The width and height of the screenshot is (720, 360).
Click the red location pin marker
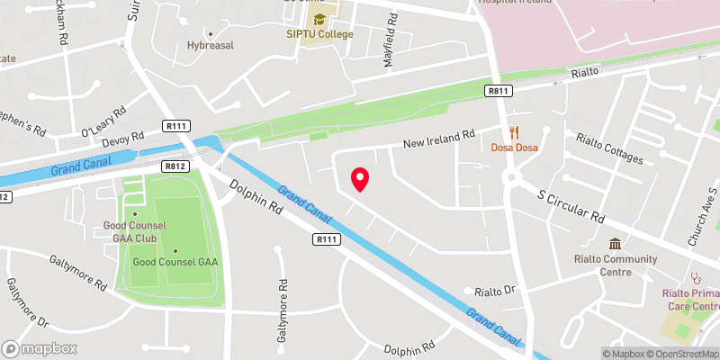click(x=360, y=179)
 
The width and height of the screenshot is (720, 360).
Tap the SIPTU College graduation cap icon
click(x=318, y=19)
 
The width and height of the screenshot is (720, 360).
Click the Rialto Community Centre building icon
click(x=615, y=245)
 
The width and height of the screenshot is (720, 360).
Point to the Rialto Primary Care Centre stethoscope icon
click(x=694, y=279)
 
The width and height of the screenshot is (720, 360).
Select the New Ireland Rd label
click(x=438, y=138)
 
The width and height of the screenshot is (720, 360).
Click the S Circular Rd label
click(x=571, y=204)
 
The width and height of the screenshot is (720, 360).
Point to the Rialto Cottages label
click(x=610, y=148)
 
